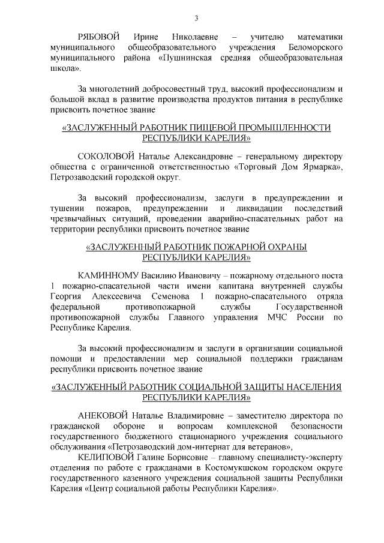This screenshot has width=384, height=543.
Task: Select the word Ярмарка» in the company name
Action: tap(322, 167)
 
